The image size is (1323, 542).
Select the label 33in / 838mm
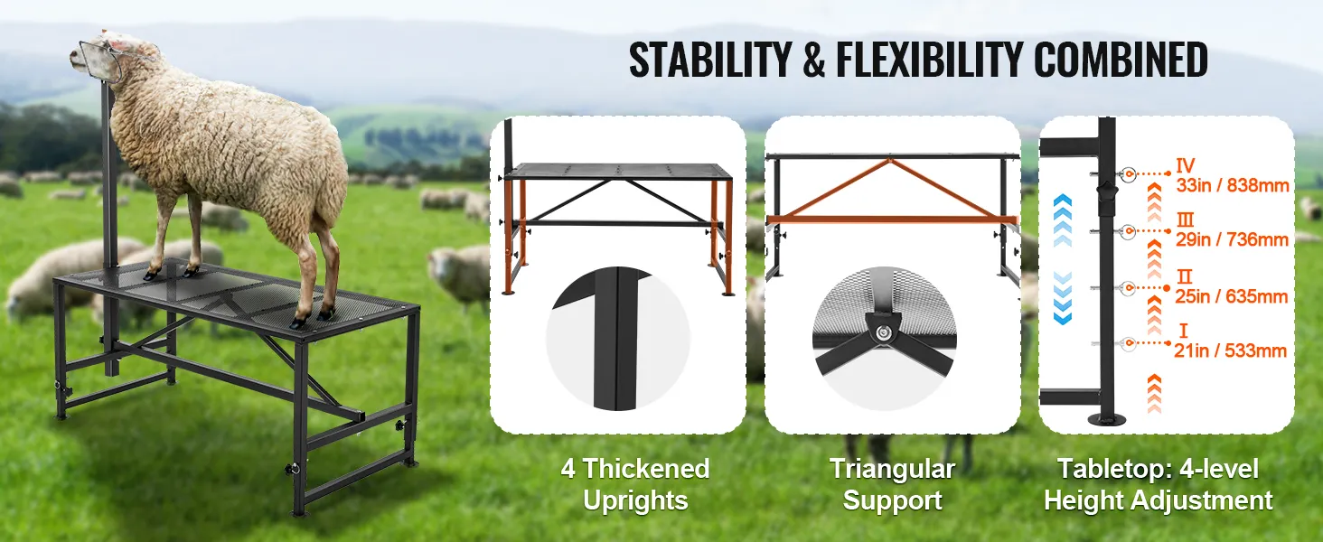[x=1232, y=186]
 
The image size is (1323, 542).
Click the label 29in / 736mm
[x=1232, y=239]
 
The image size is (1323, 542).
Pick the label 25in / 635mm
[x=1232, y=295]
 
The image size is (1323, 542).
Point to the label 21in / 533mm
[x=1232, y=350]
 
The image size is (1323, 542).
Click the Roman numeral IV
[x=1186, y=165]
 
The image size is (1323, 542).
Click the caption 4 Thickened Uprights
[x=635, y=484]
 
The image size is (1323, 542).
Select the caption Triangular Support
[x=892, y=484]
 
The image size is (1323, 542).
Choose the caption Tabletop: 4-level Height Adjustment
[x=1159, y=484]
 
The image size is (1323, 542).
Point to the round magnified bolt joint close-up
[x=882, y=334]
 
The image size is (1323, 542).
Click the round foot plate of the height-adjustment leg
[x=1108, y=417]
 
